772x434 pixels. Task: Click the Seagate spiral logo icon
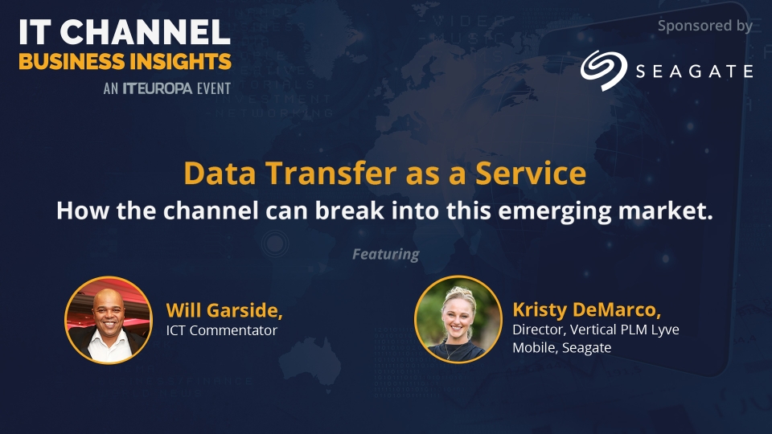(x=604, y=70)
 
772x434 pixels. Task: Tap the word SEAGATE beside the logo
(x=694, y=72)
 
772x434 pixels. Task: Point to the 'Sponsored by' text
(x=705, y=26)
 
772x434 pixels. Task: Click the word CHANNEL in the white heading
(x=146, y=32)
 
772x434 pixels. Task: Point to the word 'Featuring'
(x=386, y=255)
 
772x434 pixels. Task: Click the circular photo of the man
(x=109, y=320)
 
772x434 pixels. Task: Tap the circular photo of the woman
(x=458, y=319)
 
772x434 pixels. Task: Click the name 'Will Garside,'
(x=224, y=310)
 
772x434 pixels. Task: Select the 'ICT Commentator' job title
(x=222, y=330)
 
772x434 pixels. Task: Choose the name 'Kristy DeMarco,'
(x=586, y=310)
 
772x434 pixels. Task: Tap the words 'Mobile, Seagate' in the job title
(x=562, y=348)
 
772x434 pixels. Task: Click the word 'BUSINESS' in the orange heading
(x=72, y=62)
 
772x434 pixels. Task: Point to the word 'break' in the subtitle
(x=350, y=211)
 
